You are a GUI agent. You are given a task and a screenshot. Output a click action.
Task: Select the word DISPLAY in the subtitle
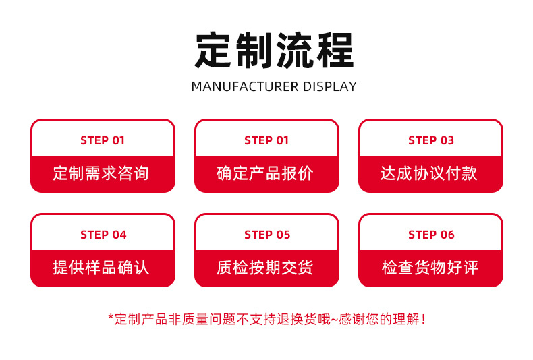tap(329, 86)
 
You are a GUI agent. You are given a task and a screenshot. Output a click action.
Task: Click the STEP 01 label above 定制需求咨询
tap(103, 140)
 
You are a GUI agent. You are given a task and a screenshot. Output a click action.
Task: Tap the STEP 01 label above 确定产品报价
tap(266, 140)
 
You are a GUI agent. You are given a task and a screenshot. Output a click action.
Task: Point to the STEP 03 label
tap(431, 140)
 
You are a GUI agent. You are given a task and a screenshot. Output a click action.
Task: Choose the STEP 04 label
tap(103, 235)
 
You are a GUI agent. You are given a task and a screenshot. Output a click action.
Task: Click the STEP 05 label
tap(267, 235)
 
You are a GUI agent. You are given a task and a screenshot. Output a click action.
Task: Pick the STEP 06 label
tap(431, 235)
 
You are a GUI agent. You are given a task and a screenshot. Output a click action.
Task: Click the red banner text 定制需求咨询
tap(101, 173)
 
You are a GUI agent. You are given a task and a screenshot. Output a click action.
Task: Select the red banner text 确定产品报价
tap(265, 173)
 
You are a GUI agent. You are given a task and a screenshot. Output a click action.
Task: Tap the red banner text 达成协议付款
tap(429, 173)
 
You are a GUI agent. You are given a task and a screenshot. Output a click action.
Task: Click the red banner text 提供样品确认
tap(101, 268)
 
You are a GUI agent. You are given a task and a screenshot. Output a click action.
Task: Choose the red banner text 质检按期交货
tap(265, 268)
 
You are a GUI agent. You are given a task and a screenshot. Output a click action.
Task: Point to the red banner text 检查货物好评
tap(430, 268)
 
